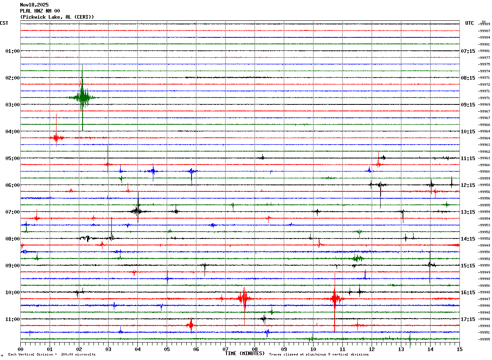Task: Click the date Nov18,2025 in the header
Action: click(x=34, y=5)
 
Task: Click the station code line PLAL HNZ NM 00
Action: click(x=40, y=11)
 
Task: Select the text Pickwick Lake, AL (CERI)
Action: click(x=57, y=17)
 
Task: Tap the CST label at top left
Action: click(x=4, y=23)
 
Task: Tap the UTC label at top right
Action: click(x=470, y=23)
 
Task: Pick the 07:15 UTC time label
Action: click(x=468, y=51)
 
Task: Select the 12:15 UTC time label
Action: click(x=468, y=185)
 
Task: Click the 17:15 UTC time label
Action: click(x=468, y=319)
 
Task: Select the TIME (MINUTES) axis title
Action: click(x=245, y=353)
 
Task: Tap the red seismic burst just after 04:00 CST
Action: click(x=56, y=138)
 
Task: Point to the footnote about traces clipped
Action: click(x=319, y=355)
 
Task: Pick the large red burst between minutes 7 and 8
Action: click(x=244, y=299)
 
